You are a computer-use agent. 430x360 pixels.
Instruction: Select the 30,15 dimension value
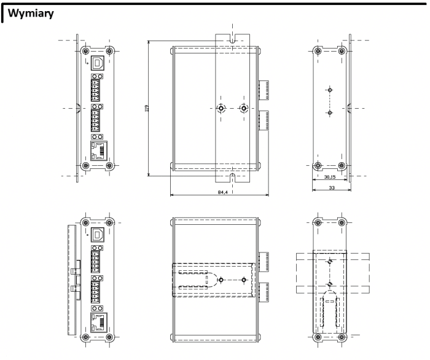[x=329, y=177]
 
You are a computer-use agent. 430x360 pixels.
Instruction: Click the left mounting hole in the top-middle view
[x=221, y=109]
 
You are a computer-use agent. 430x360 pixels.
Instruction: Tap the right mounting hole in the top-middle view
[x=244, y=109]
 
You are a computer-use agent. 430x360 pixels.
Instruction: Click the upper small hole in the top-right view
[x=330, y=90]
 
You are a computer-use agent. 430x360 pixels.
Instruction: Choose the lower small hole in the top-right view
[x=330, y=114]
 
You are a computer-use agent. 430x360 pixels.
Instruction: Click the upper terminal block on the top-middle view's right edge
[x=263, y=90]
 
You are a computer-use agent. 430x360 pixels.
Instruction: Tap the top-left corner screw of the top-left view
[x=85, y=51]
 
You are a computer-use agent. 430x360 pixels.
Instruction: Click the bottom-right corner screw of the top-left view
[x=110, y=165]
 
